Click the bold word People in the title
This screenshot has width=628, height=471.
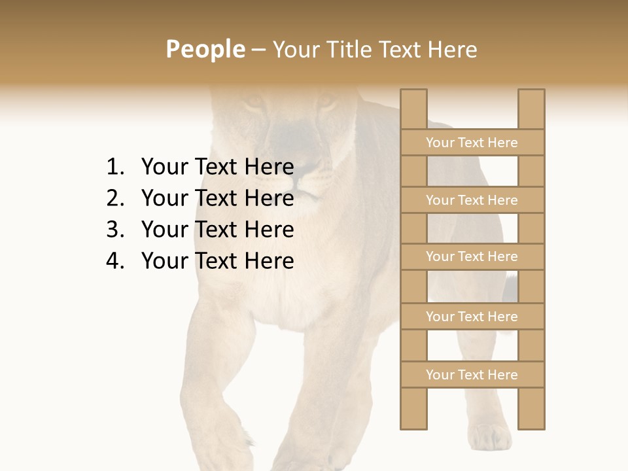click(205, 49)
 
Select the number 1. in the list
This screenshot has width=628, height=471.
click(114, 167)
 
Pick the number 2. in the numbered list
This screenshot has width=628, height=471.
click(114, 198)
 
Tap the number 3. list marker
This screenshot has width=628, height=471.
click(114, 230)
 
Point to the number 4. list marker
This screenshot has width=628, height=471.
click(114, 261)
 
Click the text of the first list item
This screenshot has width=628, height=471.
click(217, 167)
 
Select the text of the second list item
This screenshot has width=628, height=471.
click(217, 198)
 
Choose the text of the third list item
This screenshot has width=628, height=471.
click(217, 230)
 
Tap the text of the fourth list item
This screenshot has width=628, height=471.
click(217, 261)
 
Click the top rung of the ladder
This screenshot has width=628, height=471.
click(472, 143)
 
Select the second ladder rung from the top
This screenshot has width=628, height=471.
click(472, 200)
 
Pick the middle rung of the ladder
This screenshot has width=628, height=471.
click(472, 256)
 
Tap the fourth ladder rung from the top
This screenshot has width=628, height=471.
click(472, 317)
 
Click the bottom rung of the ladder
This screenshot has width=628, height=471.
click(472, 375)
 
